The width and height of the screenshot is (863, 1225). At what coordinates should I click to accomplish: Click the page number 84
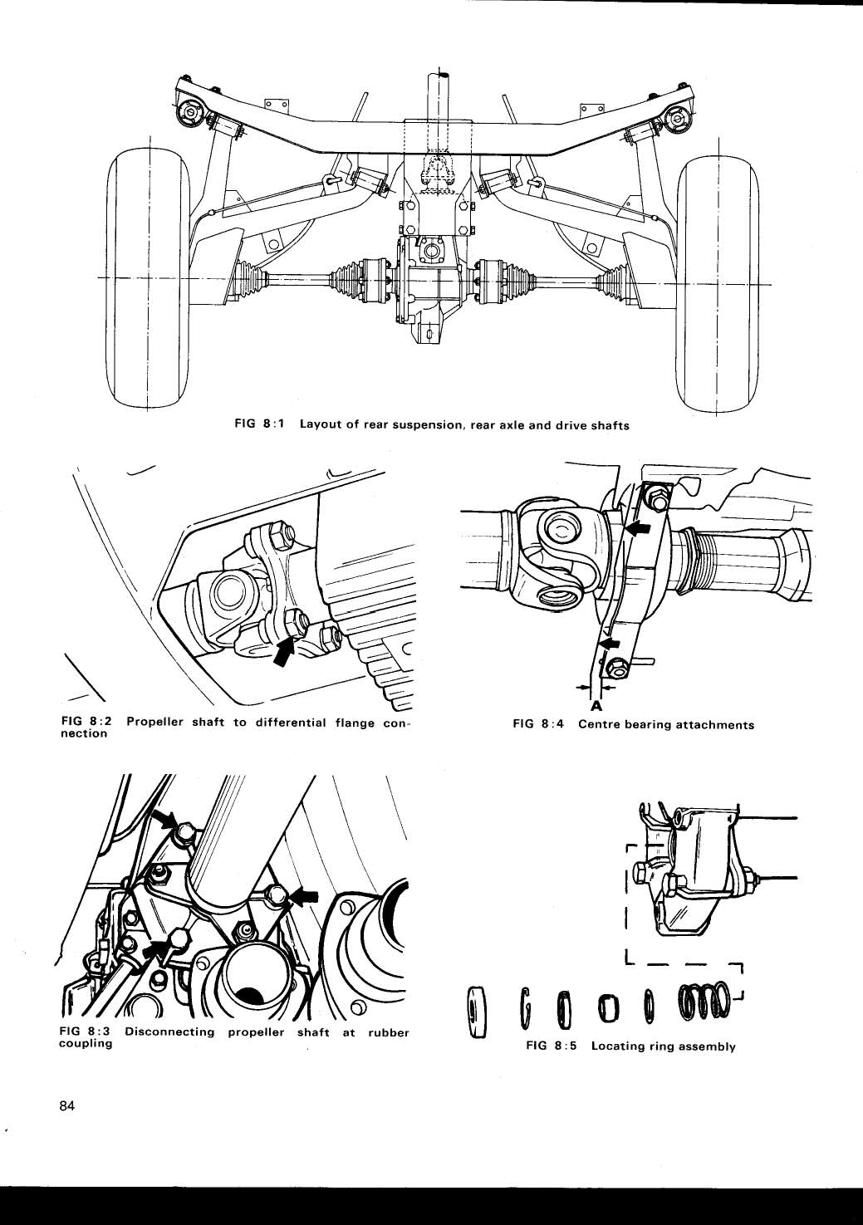click(67, 1105)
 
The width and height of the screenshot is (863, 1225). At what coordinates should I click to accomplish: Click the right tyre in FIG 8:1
click(718, 282)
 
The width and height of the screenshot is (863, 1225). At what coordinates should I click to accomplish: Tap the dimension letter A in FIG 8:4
click(596, 707)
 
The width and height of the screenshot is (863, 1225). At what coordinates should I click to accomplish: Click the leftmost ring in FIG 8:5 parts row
click(477, 1012)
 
